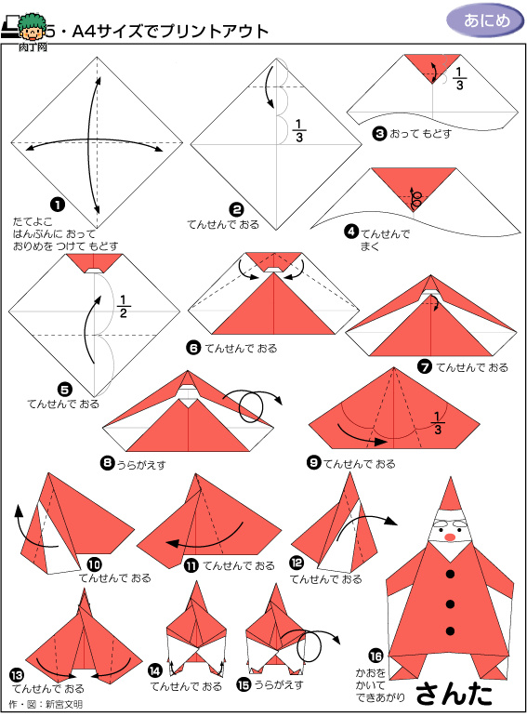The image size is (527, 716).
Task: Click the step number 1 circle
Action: click(58, 205)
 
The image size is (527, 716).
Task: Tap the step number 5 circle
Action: click(65, 390)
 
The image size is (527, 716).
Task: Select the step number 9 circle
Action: click(313, 462)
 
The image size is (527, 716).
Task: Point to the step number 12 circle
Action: click(296, 563)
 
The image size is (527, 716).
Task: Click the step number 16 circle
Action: click(375, 656)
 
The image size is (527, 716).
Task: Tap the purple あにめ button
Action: click(485, 21)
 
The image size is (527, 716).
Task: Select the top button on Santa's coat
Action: click(451, 574)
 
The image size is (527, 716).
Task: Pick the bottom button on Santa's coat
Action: click(451, 631)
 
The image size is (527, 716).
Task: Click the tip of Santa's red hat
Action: click(451, 478)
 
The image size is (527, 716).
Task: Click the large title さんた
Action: click(454, 694)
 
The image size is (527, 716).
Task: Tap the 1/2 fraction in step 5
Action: click(123, 307)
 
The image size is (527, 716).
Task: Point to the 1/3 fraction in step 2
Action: click(299, 130)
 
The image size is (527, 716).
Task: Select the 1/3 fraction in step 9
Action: click(437, 423)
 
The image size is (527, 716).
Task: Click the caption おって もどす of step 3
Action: click(420, 134)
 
